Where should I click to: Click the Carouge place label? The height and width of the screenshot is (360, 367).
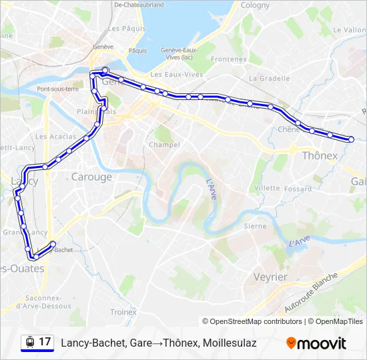click(91, 177)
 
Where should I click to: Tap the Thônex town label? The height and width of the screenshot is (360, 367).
click(320, 155)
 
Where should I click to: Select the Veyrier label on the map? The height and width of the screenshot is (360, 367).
click(270, 277)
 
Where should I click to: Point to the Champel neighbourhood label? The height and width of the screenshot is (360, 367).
click(164, 145)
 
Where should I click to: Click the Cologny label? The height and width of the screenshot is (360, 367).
click(255, 5)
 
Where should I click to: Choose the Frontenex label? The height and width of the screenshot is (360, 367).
click(229, 59)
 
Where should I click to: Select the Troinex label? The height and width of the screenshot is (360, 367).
click(123, 311)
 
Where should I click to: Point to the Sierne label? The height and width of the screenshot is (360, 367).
click(255, 226)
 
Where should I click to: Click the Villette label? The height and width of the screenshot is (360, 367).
click(267, 188)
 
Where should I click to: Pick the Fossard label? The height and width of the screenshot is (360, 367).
click(298, 189)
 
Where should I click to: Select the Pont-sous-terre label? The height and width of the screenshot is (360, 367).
click(58, 89)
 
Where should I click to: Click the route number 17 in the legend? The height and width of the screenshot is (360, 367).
click(45, 342)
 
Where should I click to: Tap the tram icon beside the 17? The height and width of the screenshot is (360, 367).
click(29, 342)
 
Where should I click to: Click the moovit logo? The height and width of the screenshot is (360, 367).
click(316, 343)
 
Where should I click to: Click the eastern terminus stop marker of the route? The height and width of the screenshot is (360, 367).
click(352, 139)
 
